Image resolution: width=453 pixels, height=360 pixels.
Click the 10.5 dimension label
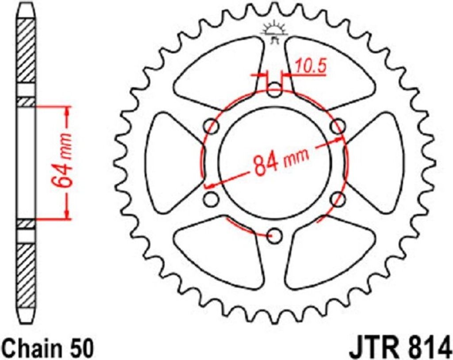click(311, 66)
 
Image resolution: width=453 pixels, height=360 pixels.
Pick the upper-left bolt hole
click(211, 126)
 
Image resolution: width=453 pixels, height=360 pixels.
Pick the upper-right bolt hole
click(338, 126)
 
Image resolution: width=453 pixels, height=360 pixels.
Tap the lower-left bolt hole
click(211, 199)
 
